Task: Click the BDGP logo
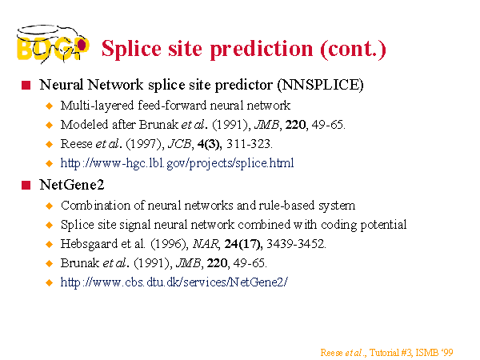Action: pos(53,44)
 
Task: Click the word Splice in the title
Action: pos(131,49)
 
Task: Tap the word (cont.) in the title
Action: pos(353,49)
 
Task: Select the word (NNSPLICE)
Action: pos(320,85)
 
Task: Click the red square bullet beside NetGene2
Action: pos(26,186)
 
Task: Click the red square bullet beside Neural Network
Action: pos(26,85)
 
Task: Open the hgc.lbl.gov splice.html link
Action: pos(177,163)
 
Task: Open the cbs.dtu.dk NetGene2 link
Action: pos(174,282)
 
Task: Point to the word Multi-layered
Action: pos(97,106)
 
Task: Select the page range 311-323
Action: pos(249,144)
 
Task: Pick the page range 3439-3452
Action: pos(296,244)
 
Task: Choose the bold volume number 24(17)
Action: pos(243,244)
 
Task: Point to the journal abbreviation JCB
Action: pos(180,144)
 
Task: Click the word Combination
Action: pos(95,206)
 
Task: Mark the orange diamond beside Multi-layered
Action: pos(49,106)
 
